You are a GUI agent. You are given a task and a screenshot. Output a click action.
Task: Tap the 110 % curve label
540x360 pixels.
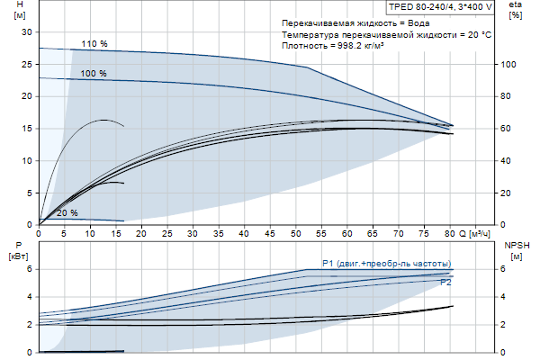point(94,44)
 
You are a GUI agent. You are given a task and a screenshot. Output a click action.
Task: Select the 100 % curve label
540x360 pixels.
point(94,73)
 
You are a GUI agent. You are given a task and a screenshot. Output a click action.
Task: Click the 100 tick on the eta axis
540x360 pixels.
point(508,65)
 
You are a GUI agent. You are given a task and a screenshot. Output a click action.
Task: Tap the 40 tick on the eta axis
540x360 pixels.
point(508,161)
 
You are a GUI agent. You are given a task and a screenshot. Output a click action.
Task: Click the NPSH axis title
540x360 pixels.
point(516,249)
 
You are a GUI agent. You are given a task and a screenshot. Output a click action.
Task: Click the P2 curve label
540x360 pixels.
point(445,283)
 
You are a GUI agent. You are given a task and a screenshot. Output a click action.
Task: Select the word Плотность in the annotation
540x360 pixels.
point(303,45)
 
